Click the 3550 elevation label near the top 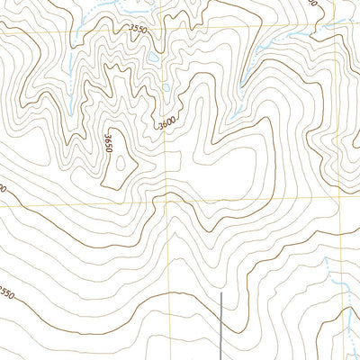[138, 30]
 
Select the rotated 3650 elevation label [109, 143]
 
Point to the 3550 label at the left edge [6, 294]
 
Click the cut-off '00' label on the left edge [4, 190]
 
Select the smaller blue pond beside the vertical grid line [167, 87]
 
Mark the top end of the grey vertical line [221, 292]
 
